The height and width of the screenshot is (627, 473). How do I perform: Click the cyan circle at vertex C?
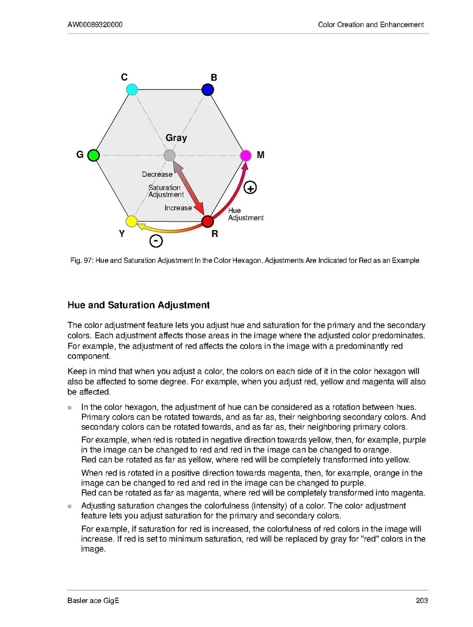point(132,90)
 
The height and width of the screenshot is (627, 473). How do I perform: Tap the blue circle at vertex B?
point(208,90)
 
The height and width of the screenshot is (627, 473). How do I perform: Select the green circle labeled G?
point(93,156)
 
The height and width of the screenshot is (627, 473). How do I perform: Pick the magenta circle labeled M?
point(245,156)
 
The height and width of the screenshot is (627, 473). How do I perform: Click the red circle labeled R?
point(208,221)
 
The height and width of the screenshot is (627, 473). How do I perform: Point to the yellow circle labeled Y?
point(132,221)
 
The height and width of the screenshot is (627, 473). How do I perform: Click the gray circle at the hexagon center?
point(169,156)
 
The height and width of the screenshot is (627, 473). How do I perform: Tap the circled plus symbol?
point(251,188)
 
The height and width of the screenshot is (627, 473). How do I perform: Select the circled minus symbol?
point(156,241)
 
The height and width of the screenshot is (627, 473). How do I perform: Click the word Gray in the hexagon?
point(176,138)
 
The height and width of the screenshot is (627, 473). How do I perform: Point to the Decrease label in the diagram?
point(157,174)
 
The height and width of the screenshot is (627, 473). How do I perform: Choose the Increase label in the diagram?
point(178,208)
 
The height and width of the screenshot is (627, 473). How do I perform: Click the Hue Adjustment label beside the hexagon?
point(245,214)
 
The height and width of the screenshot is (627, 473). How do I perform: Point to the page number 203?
point(422,600)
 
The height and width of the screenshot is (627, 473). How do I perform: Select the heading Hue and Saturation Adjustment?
point(138,305)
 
